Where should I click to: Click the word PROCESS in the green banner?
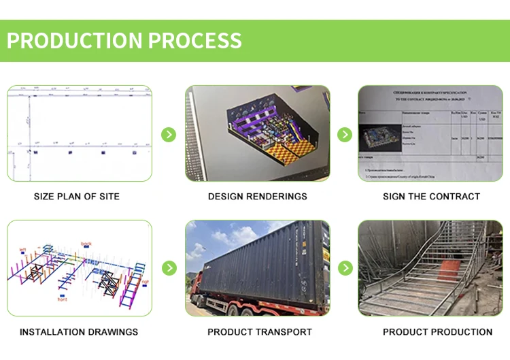pyautogui.click(x=194, y=40)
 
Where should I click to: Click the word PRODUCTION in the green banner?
pyautogui.click(x=75, y=40)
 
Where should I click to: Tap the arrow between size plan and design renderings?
pyautogui.click(x=169, y=134)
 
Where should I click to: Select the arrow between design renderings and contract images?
pyautogui.click(x=345, y=134)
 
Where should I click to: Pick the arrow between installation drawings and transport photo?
pyautogui.click(x=169, y=267)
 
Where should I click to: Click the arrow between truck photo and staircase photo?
pyautogui.click(x=345, y=267)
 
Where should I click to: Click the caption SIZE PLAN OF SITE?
pyautogui.click(x=77, y=197)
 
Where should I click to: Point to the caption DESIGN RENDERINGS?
pyautogui.click(x=258, y=197)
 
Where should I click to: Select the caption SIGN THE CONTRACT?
pyautogui.click(x=431, y=197)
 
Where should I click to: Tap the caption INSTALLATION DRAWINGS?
pyautogui.click(x=79, y=332)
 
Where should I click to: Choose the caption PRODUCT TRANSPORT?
pyautogui.click(x=260, y=332)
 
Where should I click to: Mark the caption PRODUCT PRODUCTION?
pyautogui.click(x=437, y=332)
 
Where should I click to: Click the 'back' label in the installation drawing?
pyautogui.click(x=86, y=243)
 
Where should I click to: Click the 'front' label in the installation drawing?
pyautogui.click(x=63, y=298)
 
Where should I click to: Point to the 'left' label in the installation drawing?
pyautogui.click(x=22, y=249)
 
